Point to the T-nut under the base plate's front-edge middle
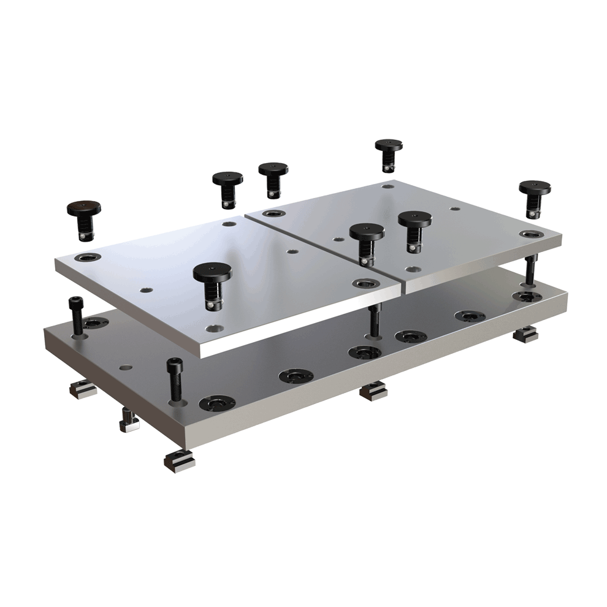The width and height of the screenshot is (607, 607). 372,391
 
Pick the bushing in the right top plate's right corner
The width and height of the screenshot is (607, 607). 529,234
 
